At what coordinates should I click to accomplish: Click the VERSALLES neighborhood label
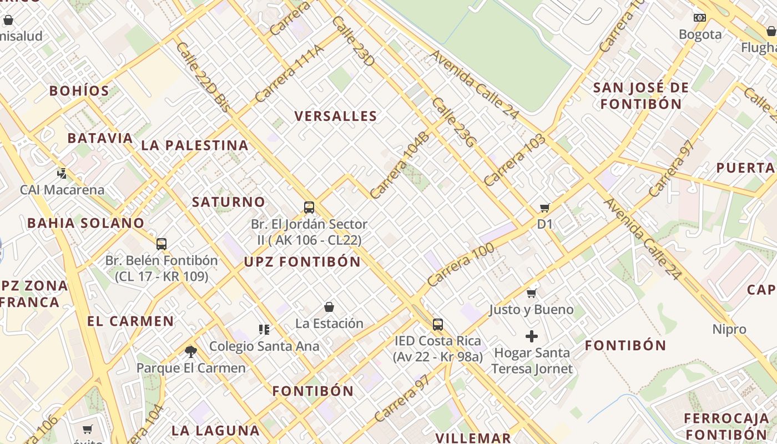(336, 116)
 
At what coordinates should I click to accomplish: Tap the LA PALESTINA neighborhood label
(195, 145)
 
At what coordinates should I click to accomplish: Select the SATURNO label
(229, 202)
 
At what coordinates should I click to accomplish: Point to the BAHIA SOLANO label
(85, 223)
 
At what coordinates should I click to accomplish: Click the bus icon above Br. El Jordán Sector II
(309, 208)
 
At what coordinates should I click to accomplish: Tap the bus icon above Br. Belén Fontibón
(162, 244)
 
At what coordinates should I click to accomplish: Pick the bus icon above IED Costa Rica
(438, 324)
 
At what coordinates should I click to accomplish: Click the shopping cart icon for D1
(545, 208)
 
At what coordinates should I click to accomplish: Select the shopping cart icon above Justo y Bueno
(532, 293)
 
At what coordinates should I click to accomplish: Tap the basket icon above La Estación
(329, 307)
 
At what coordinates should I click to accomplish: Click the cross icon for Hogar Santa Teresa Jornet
(532, 336)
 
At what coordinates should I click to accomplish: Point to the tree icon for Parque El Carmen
(191, 351)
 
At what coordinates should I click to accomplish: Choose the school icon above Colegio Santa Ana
(264, 330)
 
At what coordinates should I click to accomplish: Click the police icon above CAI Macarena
(62, 174)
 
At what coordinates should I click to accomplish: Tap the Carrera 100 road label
(453, 265)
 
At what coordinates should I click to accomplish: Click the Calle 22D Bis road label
(203, 77)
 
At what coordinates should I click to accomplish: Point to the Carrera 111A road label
(289, 74)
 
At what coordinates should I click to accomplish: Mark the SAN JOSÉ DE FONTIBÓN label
(641, 95)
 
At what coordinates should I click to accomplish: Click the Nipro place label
(729, 329)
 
